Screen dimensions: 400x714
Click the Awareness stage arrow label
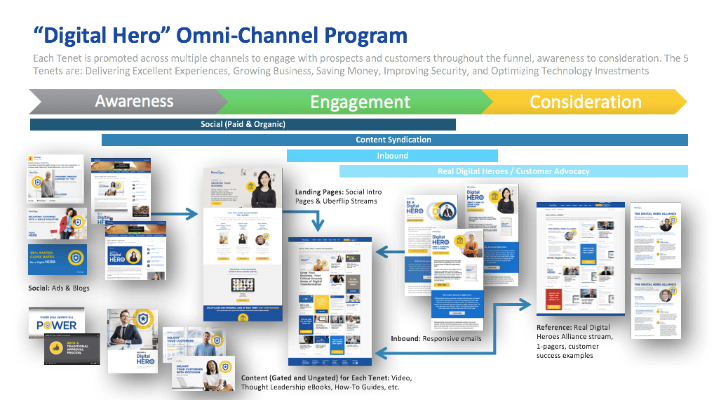coord(134,101)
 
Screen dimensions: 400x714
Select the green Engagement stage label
coord(360,102)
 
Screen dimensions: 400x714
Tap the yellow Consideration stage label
coord(585,102)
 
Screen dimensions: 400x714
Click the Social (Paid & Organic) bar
coord(243,124)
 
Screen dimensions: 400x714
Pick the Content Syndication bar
coord(393,140)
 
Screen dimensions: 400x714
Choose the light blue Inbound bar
coord(392,156)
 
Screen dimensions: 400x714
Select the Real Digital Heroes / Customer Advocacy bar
coord(513,171)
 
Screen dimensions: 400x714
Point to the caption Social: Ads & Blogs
coord(60,288)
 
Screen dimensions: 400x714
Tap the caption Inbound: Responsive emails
coord(436,338)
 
